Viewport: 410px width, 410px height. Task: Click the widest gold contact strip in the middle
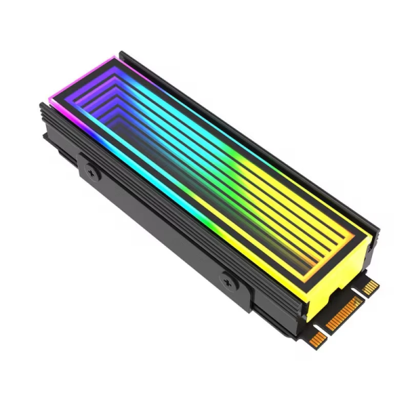coord(344,314)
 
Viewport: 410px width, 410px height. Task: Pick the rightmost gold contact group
coord(370,287)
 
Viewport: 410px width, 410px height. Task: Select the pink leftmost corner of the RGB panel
coord(52,100)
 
